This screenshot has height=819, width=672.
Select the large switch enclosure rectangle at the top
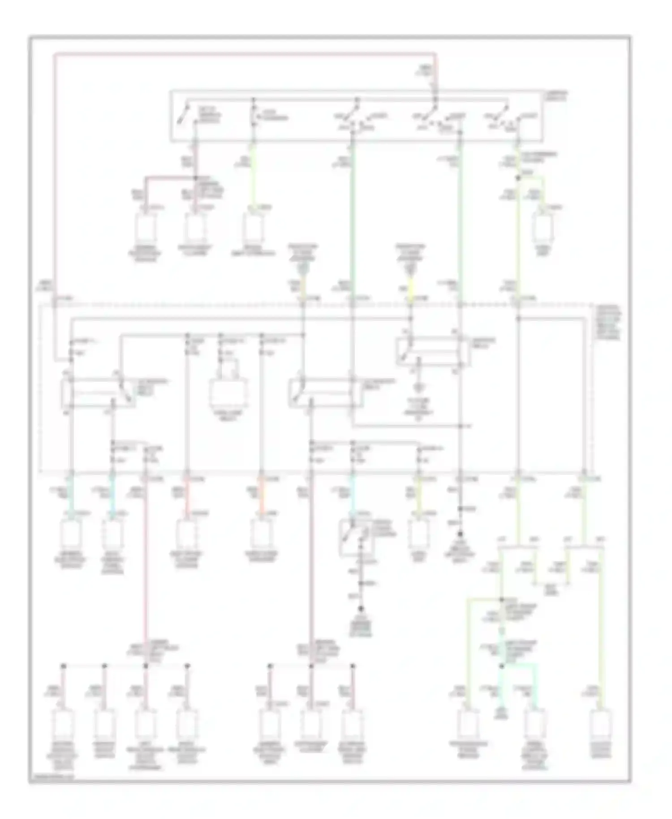(356, 116)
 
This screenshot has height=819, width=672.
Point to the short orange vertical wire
(262, 496)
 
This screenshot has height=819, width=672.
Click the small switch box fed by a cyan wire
(355, 538)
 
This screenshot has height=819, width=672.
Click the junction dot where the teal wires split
(502, 666)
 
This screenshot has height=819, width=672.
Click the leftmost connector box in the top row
(146, 227)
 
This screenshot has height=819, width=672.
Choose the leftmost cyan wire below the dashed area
(71, 496)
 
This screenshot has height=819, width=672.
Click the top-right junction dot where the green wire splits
(518, 178)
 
